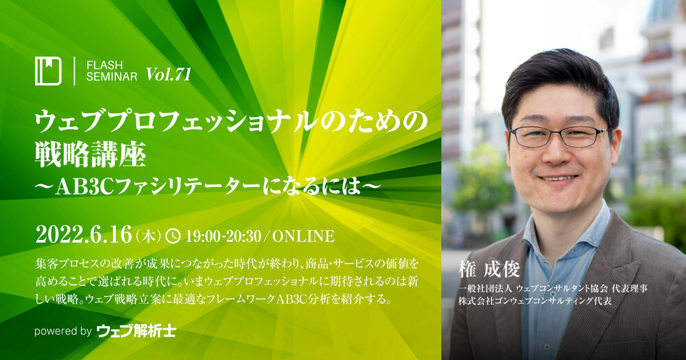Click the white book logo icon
click(48, 71)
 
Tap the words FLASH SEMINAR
click(112, 71)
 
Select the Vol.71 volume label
click(169, 74)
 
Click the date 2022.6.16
click(83, 235)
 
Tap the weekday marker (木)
click(149, 236)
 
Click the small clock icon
click(174, 236)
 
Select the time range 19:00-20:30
click(223, 236)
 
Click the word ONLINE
click(304, 236)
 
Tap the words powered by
click(63, 331)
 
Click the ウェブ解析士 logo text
click(136, 331)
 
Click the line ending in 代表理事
click(553, 289)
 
